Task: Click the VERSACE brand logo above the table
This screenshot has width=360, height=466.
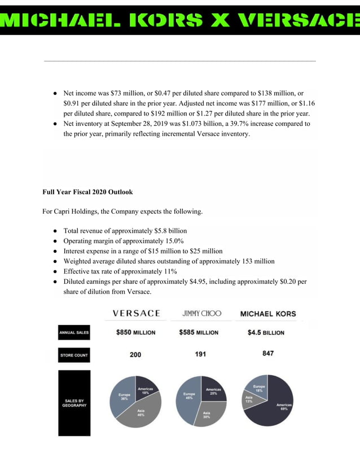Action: tap(136, 313)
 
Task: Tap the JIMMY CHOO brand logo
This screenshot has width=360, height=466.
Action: tap(201, 313)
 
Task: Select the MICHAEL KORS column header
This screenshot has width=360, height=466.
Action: tap(268, 314)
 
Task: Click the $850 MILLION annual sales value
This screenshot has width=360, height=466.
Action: tap(135, 332)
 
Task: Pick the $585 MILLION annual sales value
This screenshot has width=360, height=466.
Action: tap(199, 332)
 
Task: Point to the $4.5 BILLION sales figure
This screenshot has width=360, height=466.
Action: tap(266, 332)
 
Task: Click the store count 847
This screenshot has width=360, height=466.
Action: tap(268, 354)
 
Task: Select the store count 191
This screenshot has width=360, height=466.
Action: tap(200, 354)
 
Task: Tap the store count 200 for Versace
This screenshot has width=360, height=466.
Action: tap(135, 355)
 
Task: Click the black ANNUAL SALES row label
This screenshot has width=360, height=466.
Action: tap(74, 333)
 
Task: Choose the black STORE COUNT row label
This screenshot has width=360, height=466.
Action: tap(74, 355)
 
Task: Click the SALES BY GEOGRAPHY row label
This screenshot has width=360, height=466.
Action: tap(74, 403)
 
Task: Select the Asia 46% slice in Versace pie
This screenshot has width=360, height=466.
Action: tap(140, 415)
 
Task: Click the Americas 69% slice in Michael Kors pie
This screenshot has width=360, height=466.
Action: tap(276, 409)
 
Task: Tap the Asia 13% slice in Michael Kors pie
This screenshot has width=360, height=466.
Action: tap(249, 400)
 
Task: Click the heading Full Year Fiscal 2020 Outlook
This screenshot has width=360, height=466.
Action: tap(87, 192)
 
